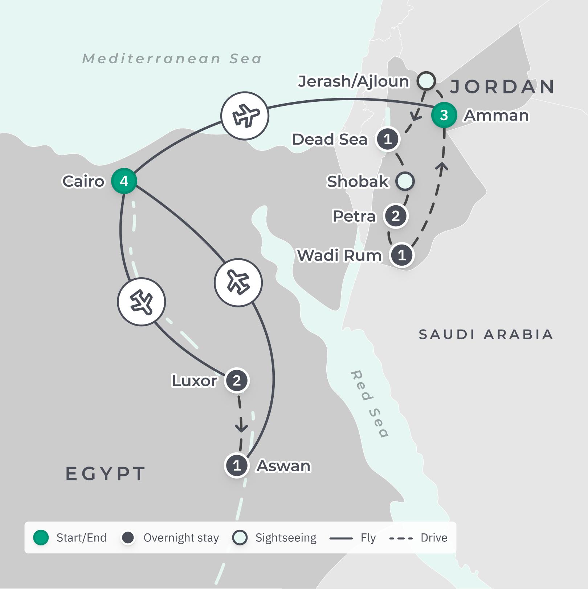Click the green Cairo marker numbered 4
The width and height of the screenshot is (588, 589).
[x=124, y=181]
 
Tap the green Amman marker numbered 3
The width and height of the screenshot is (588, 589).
[x=444, y=115]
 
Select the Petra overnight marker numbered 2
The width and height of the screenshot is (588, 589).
[x=396, y=216]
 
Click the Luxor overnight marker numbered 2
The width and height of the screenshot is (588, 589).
[x=237, y=381]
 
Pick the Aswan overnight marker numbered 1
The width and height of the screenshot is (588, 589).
[x=237, y=465]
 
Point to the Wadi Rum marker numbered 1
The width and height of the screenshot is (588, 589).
[x=401, y=255]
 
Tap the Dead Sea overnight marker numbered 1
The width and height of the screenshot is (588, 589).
[x=387, y=139]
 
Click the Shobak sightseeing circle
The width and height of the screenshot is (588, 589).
[x=405, y=181]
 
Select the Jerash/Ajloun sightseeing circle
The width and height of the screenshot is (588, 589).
[x=426, y=81]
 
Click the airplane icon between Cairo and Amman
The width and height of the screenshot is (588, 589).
[x=245, y=116]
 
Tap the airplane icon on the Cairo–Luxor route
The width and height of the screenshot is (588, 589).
[x=142, y=302]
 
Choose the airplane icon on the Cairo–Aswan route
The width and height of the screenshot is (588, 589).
[x=238, y=282]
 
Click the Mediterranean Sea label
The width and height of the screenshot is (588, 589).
[x=172, y=59]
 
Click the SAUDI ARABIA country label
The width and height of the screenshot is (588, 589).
[x=486, y=334]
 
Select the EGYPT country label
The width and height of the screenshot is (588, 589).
[x=106, y=473]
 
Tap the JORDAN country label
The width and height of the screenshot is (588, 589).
[x=502, y=86]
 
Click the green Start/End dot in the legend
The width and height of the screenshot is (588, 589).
[x=41, y=537]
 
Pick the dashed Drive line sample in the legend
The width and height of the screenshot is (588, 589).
[x=401, y=538]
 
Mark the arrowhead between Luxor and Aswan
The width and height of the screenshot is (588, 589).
[x=241, y=428]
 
